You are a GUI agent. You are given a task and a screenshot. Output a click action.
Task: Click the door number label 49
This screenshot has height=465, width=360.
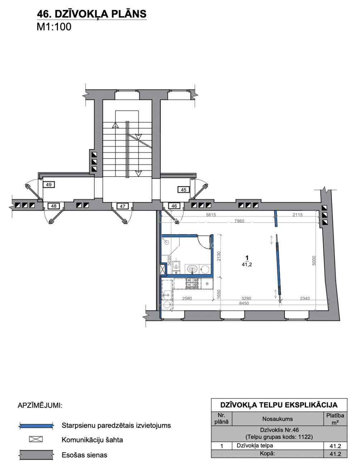click(49, 185)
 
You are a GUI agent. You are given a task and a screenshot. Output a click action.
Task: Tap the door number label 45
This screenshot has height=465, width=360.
click(184, 190)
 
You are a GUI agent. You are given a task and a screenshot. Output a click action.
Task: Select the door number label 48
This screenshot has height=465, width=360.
click(54, 206)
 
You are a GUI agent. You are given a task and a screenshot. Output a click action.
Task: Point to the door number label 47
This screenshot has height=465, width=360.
click(122, 206)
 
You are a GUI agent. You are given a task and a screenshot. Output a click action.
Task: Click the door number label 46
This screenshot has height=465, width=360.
click(174, 206)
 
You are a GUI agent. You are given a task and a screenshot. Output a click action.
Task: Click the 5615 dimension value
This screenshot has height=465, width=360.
click(211, 215)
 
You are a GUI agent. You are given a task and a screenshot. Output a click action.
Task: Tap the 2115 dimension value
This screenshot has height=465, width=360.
click(297, 215)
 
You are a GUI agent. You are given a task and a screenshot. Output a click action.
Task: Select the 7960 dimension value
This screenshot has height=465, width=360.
click(239, 221)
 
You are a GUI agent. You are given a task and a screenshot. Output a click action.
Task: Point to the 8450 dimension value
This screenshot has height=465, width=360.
click(244, 303)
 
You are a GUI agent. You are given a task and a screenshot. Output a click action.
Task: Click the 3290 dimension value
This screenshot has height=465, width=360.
click(246, 298)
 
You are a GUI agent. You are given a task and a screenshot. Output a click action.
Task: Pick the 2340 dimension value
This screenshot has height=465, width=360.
click(305, 298)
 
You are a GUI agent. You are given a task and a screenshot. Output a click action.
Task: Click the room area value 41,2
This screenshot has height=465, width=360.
click(247, 264)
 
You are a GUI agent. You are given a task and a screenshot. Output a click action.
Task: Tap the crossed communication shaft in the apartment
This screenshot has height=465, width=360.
click(163, 269)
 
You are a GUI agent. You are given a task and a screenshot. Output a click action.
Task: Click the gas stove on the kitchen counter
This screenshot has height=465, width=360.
click(192, 284)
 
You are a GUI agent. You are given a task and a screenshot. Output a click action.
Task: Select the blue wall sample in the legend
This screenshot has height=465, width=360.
click(36, 426)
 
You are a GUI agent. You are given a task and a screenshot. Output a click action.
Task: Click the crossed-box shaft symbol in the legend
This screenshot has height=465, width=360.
click(36, 439)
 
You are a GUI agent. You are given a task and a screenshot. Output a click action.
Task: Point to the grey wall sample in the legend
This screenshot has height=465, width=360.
click(36, 455)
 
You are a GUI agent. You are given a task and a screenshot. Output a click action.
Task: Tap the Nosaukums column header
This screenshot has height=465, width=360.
click(277, 419)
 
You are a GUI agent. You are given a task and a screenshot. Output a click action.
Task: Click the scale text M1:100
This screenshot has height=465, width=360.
click(54, 27)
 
